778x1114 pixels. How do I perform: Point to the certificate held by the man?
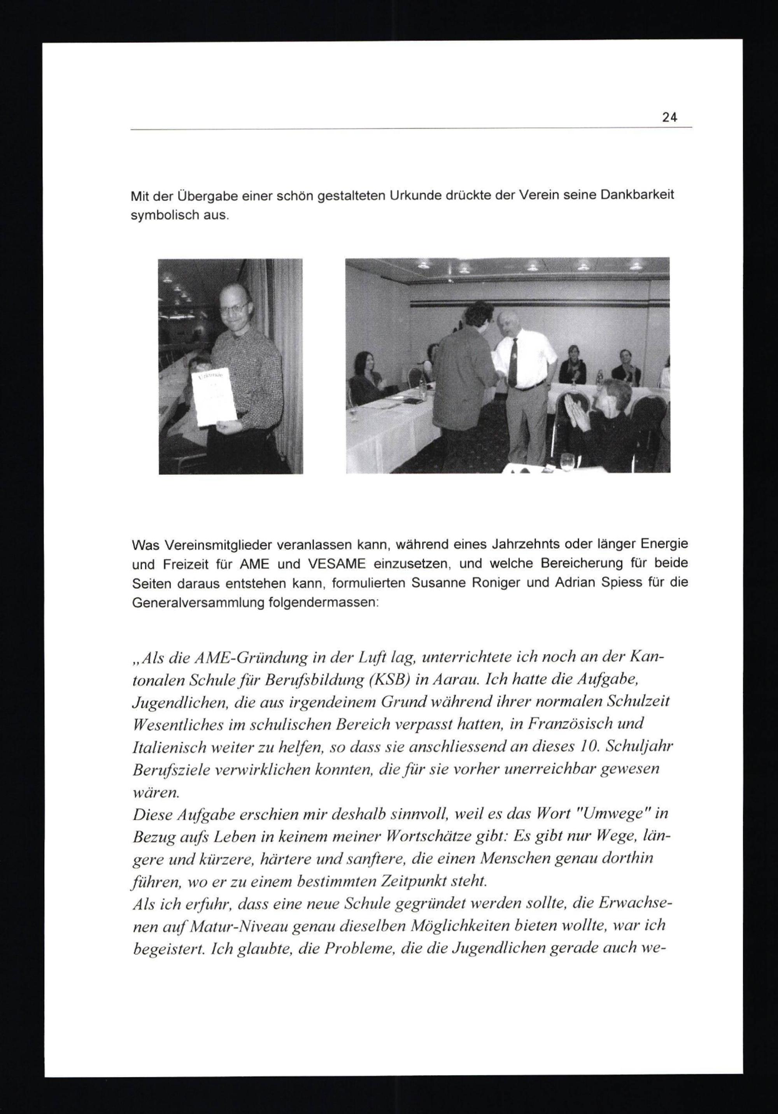pyautogui.click(x=214, y=399)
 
